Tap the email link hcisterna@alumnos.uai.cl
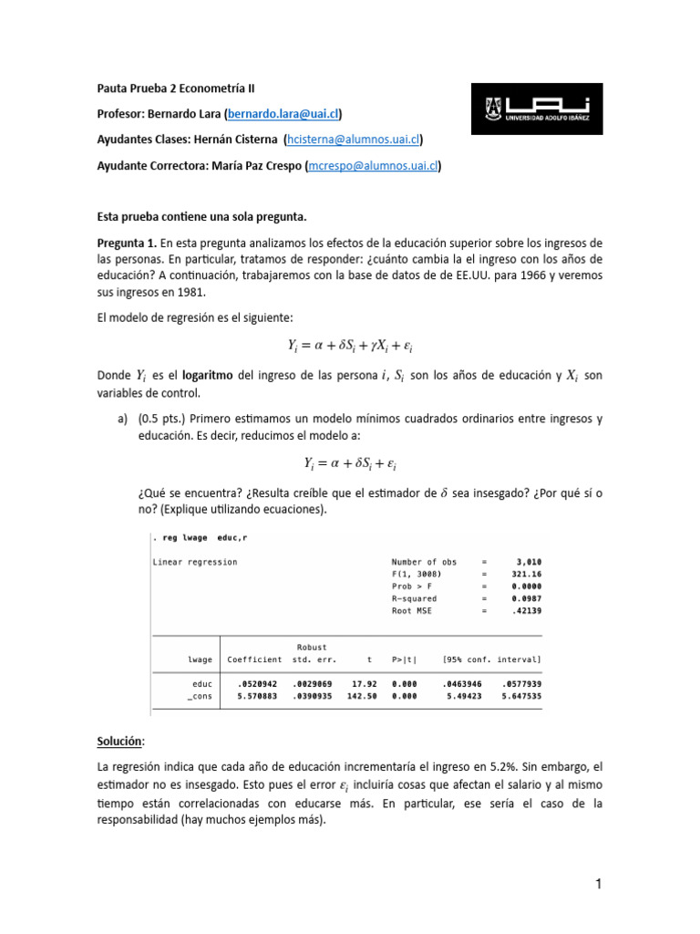coord(353,140)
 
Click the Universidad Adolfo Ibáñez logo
coord(536,109)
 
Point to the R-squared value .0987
coord(527,597)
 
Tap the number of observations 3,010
coord(529,562)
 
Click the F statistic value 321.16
coord(527,574)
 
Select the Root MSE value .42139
coord(527,610)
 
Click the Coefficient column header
coord(254,659)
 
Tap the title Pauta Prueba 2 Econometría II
coord(176,88)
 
